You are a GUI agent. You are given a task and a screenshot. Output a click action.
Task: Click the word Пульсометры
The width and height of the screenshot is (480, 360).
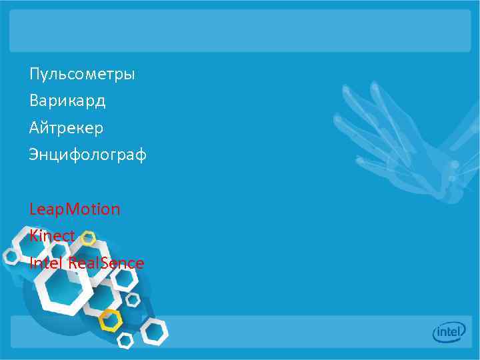(x=82, y=74)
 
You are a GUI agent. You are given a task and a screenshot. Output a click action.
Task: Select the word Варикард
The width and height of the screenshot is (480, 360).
(x=67, y=101)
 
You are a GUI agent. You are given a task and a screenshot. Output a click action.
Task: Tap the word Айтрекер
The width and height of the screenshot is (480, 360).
(x=66, y=127)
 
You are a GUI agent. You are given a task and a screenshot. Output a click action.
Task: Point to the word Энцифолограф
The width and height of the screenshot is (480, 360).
(x=87, y=155)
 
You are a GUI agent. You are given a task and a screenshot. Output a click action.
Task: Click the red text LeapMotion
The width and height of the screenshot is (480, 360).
(x=75, y=210)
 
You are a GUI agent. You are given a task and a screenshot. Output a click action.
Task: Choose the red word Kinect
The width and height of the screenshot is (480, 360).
(x=52, y=236)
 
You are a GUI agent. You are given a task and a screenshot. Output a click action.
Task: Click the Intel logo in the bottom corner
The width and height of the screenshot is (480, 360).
(x=449, y=331)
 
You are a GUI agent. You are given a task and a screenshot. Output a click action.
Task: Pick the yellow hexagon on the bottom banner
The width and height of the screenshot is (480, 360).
(x=110, y=321)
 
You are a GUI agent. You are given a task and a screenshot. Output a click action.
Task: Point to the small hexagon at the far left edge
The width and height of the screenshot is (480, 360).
(x=11, y=256)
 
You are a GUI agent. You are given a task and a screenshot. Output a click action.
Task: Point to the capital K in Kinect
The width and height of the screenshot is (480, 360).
(x=33, y=236)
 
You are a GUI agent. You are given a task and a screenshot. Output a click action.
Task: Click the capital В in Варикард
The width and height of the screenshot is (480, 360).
(x=34, y=101)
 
